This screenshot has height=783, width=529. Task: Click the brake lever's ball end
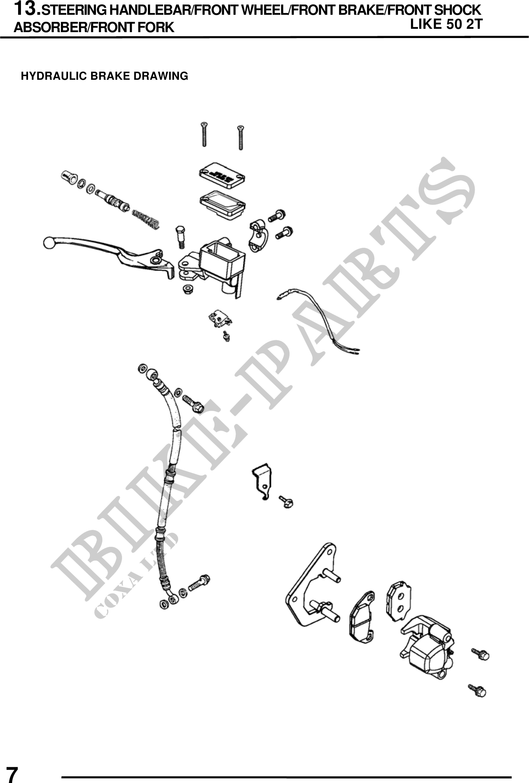coord(48,243)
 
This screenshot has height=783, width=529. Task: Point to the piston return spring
coord(146,219)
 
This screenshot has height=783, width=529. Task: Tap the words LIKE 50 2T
coord(446,24)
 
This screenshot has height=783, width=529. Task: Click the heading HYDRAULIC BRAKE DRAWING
coord(105,76)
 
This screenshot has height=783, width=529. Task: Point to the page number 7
coord(12,773)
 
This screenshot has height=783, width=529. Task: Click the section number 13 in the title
coord(25,8)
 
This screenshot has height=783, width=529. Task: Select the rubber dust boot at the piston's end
coord(69,176)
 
